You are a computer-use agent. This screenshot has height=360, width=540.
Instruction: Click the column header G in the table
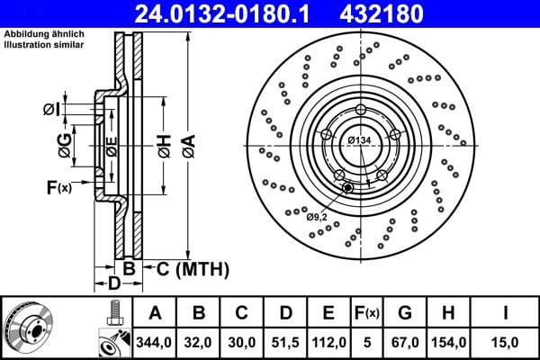(406, 313)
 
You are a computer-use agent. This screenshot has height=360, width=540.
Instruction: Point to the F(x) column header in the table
(368, 313)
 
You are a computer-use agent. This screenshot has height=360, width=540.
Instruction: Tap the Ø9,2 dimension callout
(318, 216)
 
